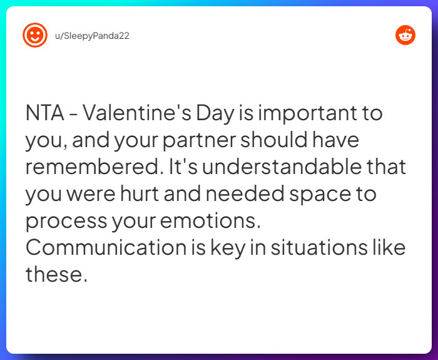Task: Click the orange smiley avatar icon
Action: (x=35, y=35)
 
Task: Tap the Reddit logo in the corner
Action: (x=405, y=35)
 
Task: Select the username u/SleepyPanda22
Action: (x=92, y=36)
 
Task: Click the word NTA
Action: (x=46, y=115)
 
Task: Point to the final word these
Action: (x=55, y=274)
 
